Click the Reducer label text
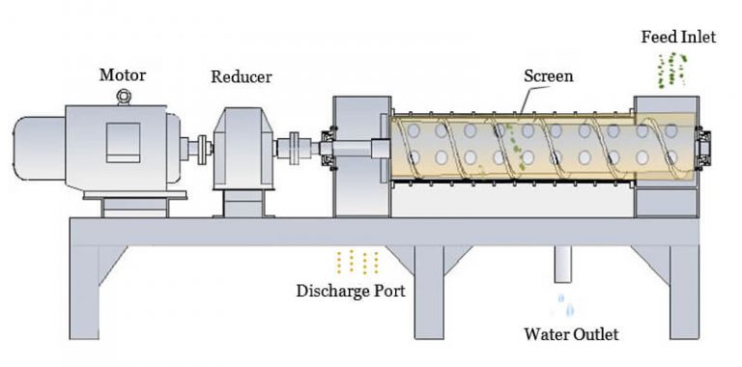click(x=241, y=76)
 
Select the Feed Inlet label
click(x=678, y=37)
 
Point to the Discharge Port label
click(x=351, y=290)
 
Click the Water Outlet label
click(x=570, y=335)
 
